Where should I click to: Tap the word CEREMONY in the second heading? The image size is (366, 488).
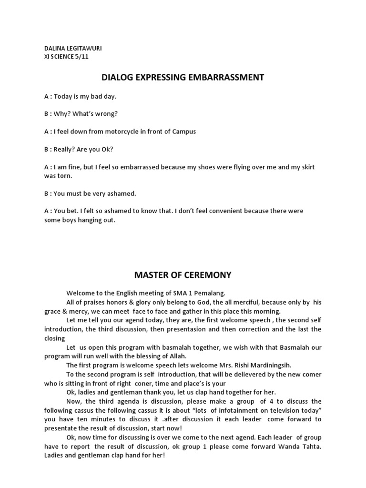point(205,275)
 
